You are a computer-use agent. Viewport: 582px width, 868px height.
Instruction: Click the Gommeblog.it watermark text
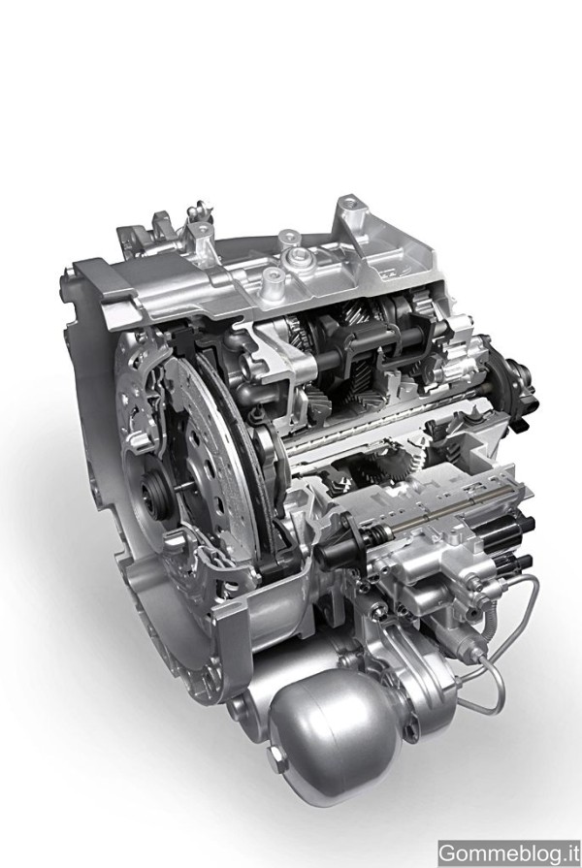tap(509, 852)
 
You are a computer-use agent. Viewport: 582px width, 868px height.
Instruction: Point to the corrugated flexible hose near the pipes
tap(490, 624)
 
